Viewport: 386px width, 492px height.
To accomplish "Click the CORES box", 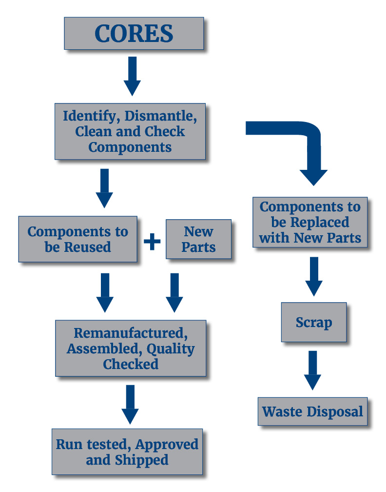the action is (134, 33).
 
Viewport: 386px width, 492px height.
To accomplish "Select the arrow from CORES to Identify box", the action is (132, 76).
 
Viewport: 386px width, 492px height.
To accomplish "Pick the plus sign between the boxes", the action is (152, 241).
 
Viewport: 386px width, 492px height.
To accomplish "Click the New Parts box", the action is (199, 239).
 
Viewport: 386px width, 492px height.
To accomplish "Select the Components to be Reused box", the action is (77, 239).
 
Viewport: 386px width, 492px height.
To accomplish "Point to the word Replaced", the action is (320, 222).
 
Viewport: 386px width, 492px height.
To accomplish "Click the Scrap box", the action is (314, 322).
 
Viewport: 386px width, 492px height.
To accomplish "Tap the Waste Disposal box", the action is (313, 411).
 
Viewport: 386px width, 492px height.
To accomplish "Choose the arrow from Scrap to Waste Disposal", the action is (313, 370).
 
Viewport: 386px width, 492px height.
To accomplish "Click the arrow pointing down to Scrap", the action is (314, 276).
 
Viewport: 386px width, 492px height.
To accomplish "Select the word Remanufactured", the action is (131, 333).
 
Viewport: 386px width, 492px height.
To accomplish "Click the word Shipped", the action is (142, 460).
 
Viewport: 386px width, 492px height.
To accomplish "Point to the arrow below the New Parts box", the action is (174, 293).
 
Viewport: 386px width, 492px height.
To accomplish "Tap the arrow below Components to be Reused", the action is (105, 293).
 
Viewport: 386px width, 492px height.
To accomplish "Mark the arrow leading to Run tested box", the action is (130, 405).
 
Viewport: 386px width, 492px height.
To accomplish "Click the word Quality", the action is (171, 349).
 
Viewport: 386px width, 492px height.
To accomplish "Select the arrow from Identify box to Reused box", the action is (104, 188).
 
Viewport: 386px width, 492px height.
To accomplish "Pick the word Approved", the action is (167, 445).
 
